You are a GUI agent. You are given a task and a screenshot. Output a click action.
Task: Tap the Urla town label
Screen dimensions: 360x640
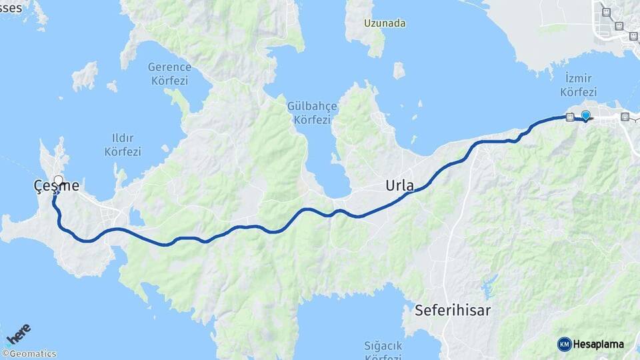click(400, 185)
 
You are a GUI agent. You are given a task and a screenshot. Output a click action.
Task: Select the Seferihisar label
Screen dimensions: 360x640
click(453, 310)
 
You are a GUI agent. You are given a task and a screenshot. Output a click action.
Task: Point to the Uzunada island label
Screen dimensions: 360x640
click(385, 23)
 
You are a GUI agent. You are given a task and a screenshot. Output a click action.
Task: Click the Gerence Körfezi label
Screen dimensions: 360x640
click(169, 74)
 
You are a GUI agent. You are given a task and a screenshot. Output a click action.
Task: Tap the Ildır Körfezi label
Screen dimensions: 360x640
click(123, 145)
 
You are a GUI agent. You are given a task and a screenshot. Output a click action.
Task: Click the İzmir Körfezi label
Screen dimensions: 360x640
click(578, 85)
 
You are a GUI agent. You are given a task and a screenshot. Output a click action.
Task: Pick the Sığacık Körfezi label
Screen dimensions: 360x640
click(387, 351)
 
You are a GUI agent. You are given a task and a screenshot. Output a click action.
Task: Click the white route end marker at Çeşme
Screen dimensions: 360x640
click(58, 180)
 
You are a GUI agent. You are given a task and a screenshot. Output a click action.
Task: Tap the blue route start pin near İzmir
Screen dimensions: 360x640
click(586, 115)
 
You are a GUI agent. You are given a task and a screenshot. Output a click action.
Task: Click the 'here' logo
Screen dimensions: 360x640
click(18, 333)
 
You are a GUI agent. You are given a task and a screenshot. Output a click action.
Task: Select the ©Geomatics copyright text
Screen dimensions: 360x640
click(29, 354)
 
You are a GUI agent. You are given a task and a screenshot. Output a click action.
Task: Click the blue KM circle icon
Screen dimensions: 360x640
click(564, 344)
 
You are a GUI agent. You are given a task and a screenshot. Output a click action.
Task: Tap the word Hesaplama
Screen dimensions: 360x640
click(598, 345)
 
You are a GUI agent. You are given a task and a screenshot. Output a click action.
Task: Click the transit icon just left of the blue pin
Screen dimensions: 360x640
click(569, 117)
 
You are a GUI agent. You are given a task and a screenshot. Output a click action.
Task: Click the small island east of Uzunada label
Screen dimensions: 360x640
click(399, 71)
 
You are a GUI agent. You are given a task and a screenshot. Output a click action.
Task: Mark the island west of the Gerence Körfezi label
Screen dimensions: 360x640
click(85, 76)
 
